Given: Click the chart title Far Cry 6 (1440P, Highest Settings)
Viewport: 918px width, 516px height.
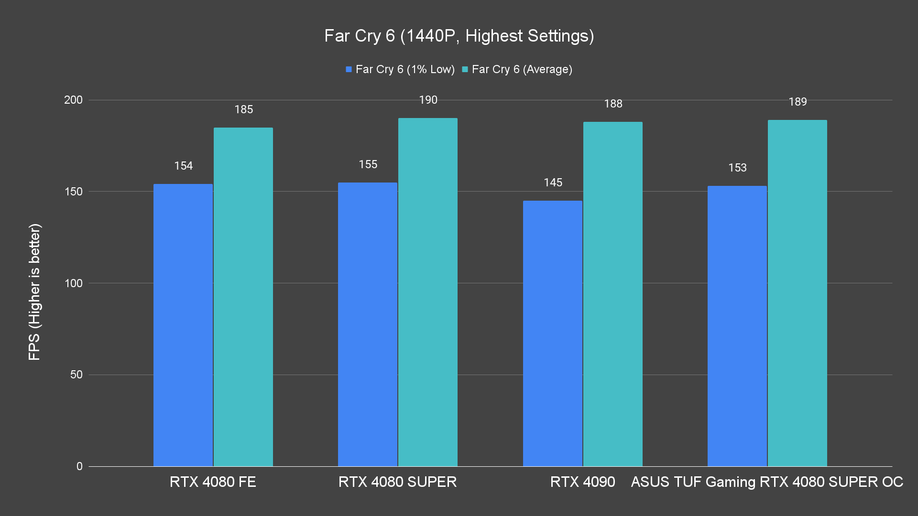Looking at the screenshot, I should click(x=459, y=36).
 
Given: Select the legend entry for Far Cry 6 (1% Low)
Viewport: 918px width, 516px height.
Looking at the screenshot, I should click(x=400, y=69).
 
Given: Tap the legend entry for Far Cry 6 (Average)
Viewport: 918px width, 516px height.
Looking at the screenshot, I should click(x=517, y=69).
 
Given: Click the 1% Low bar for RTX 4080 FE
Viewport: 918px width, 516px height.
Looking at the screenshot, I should click(x=183, y=325).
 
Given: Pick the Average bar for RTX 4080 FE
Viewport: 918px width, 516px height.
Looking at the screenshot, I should click(x=243, y=296).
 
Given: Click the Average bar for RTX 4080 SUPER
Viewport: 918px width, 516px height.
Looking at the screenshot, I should click(x=428, y=292).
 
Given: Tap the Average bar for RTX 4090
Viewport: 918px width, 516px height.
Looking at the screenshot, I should click(x=613, y=294).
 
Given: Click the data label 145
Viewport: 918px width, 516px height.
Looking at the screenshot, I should click(x=553, y=183).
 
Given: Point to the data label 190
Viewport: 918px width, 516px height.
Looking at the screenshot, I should click(x=428, y=100).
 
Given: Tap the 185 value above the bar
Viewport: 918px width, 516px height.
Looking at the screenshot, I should click(x=243, y=109).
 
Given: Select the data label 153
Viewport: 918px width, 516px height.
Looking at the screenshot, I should click(x=737, y=168).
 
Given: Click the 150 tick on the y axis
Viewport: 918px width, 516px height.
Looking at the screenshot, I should click(x=73, y=192).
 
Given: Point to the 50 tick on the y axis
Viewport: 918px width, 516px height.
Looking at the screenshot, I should click(x=76, y=375).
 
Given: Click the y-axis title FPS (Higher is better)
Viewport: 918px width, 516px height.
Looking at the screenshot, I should click(x=34, y=291).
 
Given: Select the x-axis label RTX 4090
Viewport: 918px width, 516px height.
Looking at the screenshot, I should click(x=582, y=482).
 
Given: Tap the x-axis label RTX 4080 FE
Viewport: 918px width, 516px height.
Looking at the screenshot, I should click(x=213, y=482).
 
